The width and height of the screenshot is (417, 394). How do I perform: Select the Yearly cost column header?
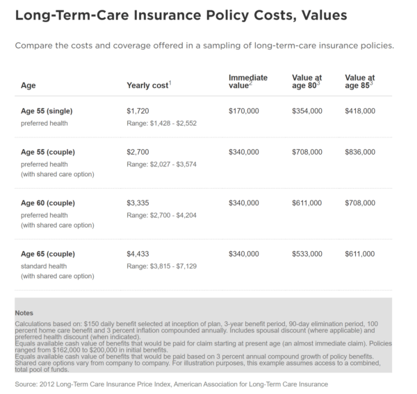pos(148,85)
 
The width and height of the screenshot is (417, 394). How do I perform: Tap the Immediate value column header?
pos(247,81)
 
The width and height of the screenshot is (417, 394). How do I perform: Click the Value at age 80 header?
pos(306,81)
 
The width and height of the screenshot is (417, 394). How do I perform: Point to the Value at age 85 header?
pos(359,81)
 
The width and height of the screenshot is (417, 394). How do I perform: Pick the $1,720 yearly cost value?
pos(138,110)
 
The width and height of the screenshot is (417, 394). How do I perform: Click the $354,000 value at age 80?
pos(306,110)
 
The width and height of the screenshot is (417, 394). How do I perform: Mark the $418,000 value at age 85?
pos(359,110)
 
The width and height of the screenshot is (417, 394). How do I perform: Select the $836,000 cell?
pos(359,151)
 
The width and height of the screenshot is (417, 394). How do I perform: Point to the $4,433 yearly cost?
pos(138,254)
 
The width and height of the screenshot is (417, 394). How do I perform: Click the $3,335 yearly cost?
pos(138,203)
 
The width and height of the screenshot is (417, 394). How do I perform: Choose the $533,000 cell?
pos(306,254)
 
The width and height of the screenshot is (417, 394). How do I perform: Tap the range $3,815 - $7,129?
pos(162,265)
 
